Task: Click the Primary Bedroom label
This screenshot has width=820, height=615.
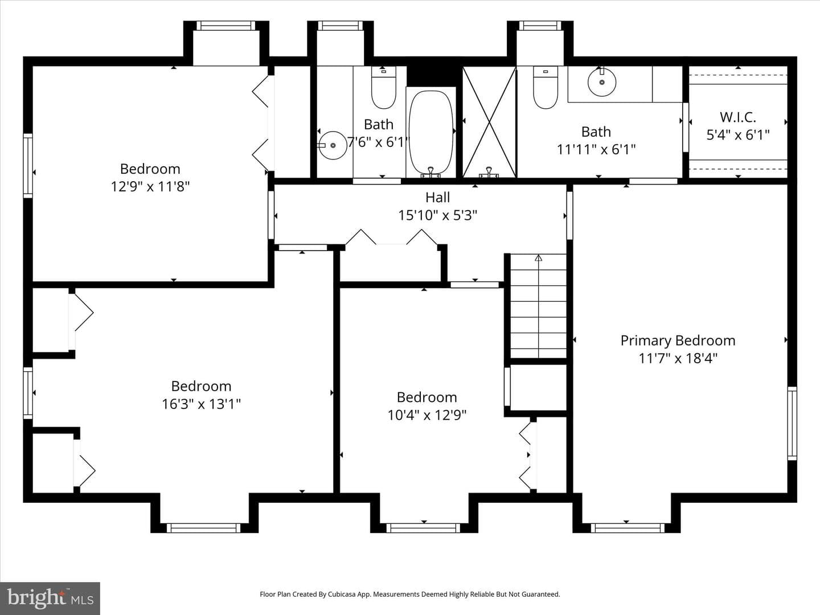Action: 678,341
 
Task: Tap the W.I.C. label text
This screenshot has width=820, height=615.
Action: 738,117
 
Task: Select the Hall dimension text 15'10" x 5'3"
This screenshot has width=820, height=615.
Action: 437,215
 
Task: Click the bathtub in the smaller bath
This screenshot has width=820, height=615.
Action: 430,133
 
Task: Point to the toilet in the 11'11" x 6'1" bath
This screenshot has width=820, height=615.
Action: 545,88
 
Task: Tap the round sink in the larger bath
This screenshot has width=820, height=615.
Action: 601,82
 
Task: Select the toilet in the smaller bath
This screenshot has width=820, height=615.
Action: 383,88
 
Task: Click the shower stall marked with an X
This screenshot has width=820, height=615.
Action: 489,122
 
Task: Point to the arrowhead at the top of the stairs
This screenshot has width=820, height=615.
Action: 538,257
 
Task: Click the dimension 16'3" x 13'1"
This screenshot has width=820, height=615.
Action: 201,404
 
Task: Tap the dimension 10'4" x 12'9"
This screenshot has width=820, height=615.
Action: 427,415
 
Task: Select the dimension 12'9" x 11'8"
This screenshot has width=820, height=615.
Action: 150,186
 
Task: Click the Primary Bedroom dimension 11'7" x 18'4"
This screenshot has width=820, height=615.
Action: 678,359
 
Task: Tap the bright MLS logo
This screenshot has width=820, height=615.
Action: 50,598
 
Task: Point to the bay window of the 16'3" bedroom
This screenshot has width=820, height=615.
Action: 204,528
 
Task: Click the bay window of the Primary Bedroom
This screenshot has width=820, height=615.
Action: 628,528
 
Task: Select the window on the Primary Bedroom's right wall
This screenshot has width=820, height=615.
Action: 792,424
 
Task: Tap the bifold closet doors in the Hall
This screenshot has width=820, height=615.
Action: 391,237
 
